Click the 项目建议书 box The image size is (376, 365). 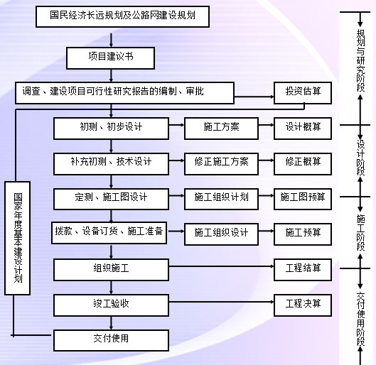109,57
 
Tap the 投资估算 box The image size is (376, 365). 303,91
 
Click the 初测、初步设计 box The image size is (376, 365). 111,127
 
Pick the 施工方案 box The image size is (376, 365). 221,127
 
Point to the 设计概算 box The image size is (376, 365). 303,127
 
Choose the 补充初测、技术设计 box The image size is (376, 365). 111,162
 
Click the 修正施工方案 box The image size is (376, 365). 221,162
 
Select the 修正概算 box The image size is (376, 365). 303,162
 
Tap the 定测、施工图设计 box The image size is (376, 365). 111,197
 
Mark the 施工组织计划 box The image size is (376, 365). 221,197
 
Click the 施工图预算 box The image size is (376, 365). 303,197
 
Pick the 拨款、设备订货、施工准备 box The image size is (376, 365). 111,232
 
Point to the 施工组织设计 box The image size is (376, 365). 221,232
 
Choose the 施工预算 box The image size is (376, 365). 303,232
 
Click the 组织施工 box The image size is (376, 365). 111,268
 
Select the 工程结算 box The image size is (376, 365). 303,268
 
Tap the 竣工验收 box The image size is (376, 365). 111,304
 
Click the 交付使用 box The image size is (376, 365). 111,339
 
